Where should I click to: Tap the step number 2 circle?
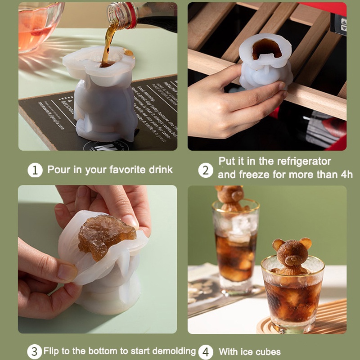206,171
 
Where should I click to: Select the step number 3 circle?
34,351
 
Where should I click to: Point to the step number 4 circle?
206,351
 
